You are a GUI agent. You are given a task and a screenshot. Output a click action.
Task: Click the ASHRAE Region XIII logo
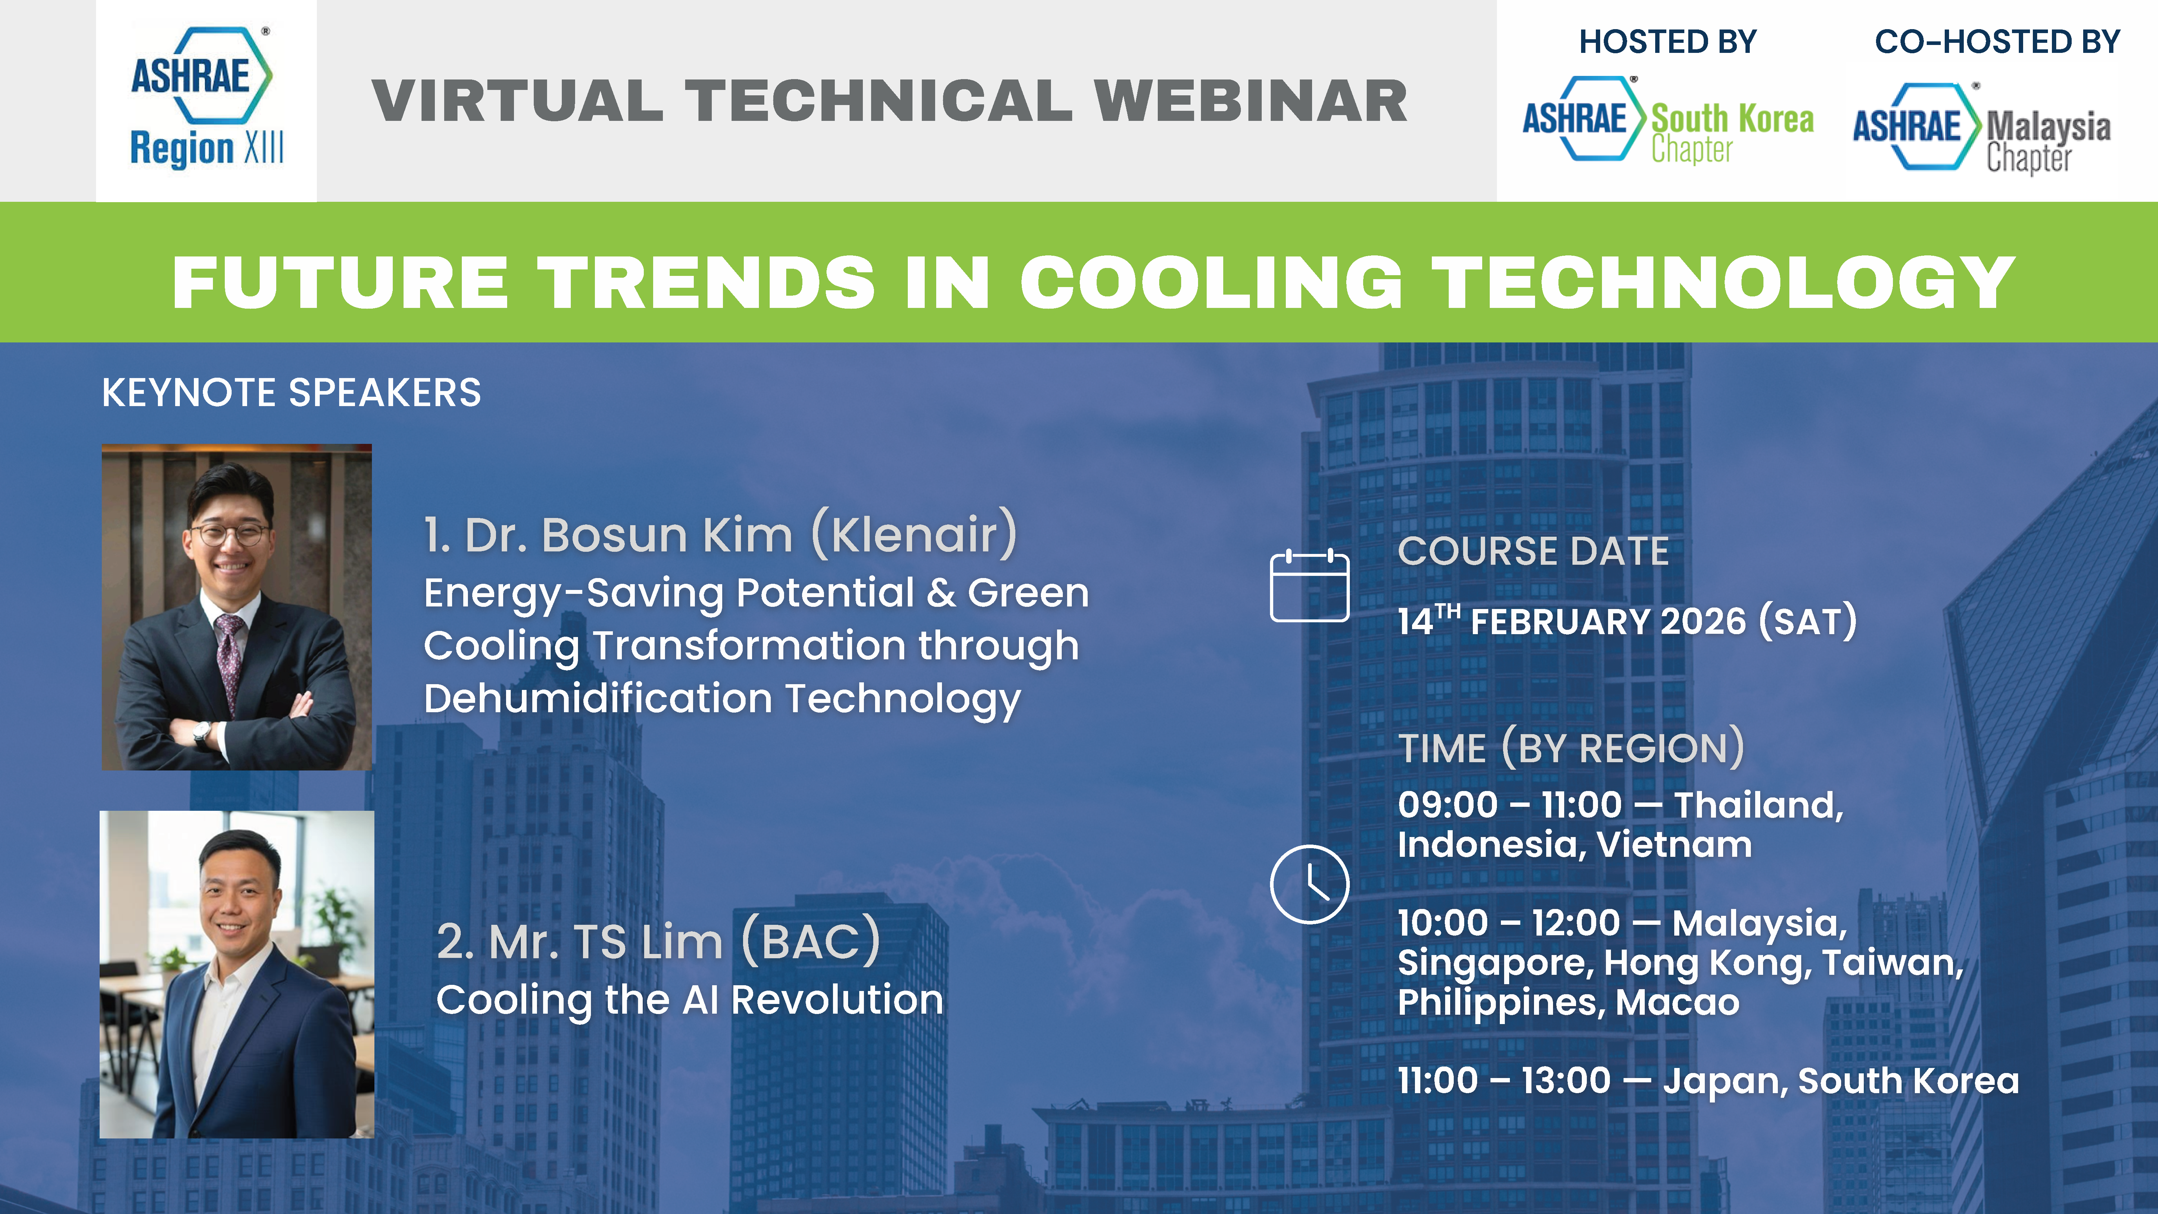pyautogui.click(x=206, y=99)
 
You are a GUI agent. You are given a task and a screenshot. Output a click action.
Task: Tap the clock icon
pyautogui.click(x=1310, y=884)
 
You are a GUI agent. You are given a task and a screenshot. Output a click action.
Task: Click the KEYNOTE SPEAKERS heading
pyautogui.click(x=292, y=392)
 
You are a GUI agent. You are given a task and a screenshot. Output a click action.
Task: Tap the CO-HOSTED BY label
pyautogui.click(x=1997, y=42)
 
